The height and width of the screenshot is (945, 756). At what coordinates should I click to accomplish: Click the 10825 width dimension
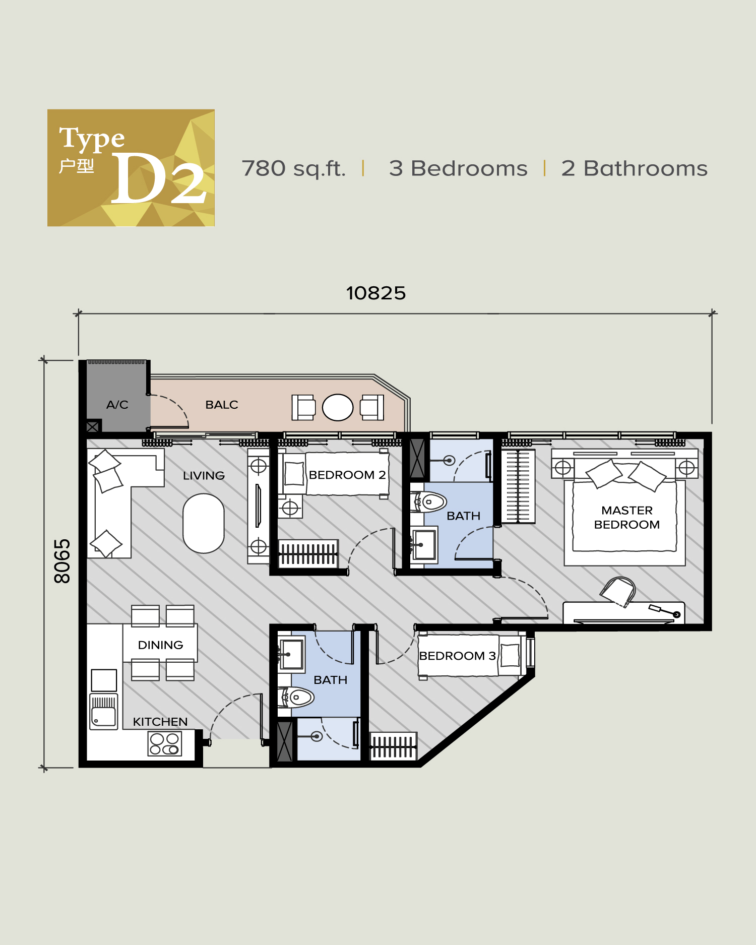point(375,293)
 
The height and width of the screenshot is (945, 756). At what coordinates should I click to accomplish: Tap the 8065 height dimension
point(62,561)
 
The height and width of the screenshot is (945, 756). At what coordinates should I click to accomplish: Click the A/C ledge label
point(117,405)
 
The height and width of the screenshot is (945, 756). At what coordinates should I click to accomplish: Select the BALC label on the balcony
point(222,405)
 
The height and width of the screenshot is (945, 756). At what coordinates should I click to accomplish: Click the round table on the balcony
point(338,407)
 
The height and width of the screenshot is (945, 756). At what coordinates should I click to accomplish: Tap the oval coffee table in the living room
point(204,523)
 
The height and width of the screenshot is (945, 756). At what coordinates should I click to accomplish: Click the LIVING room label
point(204,475)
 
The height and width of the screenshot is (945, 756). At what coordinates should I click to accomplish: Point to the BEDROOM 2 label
point(347,475)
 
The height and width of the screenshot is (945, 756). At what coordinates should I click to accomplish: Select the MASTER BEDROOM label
point(627,518)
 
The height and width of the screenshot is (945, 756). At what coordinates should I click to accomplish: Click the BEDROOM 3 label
point(458,656)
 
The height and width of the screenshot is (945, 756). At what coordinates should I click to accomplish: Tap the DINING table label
point(160,645)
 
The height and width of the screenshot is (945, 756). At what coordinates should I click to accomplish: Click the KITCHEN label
point(160,722)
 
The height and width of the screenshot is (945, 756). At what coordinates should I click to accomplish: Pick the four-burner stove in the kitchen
point(164,744)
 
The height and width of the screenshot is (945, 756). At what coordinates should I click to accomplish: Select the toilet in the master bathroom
point(431,501)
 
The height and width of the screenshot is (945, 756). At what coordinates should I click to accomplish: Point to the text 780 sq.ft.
point(293,168)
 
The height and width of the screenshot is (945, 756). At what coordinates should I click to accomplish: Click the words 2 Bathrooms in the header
point(634,168)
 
